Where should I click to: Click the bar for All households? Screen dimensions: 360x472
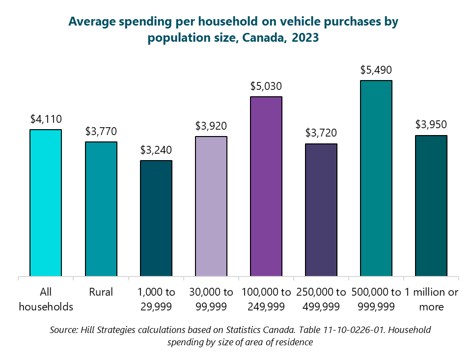click(x=46, y=203)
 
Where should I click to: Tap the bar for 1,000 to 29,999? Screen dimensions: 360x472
click(x=156, y=218)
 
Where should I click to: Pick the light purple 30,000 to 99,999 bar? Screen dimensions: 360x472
click(x=211, y=206)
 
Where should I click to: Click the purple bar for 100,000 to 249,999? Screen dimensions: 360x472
click(x=266, y=186)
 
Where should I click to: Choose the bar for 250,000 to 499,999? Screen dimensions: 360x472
click(x=321, y=210)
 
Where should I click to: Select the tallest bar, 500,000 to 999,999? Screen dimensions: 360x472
click(x=376, y=178)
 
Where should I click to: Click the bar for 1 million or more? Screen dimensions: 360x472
click(x=431, y=206)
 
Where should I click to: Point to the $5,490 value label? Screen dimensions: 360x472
click(x=376, y=70)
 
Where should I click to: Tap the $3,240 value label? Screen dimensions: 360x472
click(x=156, y=150)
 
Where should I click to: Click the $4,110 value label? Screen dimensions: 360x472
click(x=46, y=119)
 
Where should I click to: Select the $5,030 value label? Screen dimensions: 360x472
click(x=266, y=86)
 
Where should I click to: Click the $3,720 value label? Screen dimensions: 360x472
click(x=321, y=133)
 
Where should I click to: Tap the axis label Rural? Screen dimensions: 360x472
click(x=101, y=292)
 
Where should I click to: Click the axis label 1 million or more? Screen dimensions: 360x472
click(x=431, y=299)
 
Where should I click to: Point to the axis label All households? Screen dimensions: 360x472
click(x=46, y=299)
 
